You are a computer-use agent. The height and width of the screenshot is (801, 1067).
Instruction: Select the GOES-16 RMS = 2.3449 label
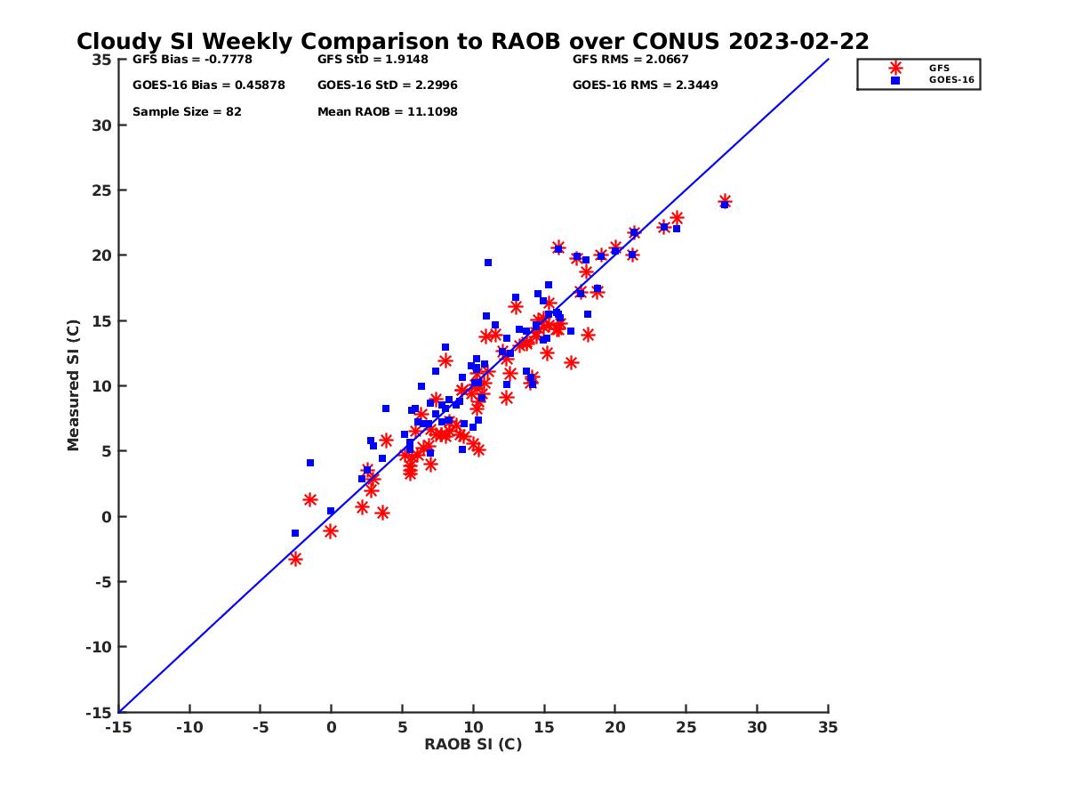point(645,85)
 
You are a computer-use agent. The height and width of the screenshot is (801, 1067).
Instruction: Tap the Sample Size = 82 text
point(187,112)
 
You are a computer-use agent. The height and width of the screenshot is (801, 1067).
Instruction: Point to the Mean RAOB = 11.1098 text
point(387,112)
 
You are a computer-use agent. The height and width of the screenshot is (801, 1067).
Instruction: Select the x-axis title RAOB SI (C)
point(472,744)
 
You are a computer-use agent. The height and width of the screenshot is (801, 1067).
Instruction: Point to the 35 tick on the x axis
point(828,727)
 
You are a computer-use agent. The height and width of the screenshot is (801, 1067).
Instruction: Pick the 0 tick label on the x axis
point(331,727)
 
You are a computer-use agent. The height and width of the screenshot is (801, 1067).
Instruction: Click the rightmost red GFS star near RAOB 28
point(725,201)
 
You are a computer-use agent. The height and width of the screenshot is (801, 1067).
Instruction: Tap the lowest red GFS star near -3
point(295,559)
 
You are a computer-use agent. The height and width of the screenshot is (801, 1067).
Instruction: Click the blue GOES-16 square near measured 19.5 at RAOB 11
point(488,263)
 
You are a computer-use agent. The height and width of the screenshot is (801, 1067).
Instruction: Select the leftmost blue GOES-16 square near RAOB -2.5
point(295,533)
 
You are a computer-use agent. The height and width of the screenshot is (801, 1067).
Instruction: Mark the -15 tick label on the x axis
point(117,727)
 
